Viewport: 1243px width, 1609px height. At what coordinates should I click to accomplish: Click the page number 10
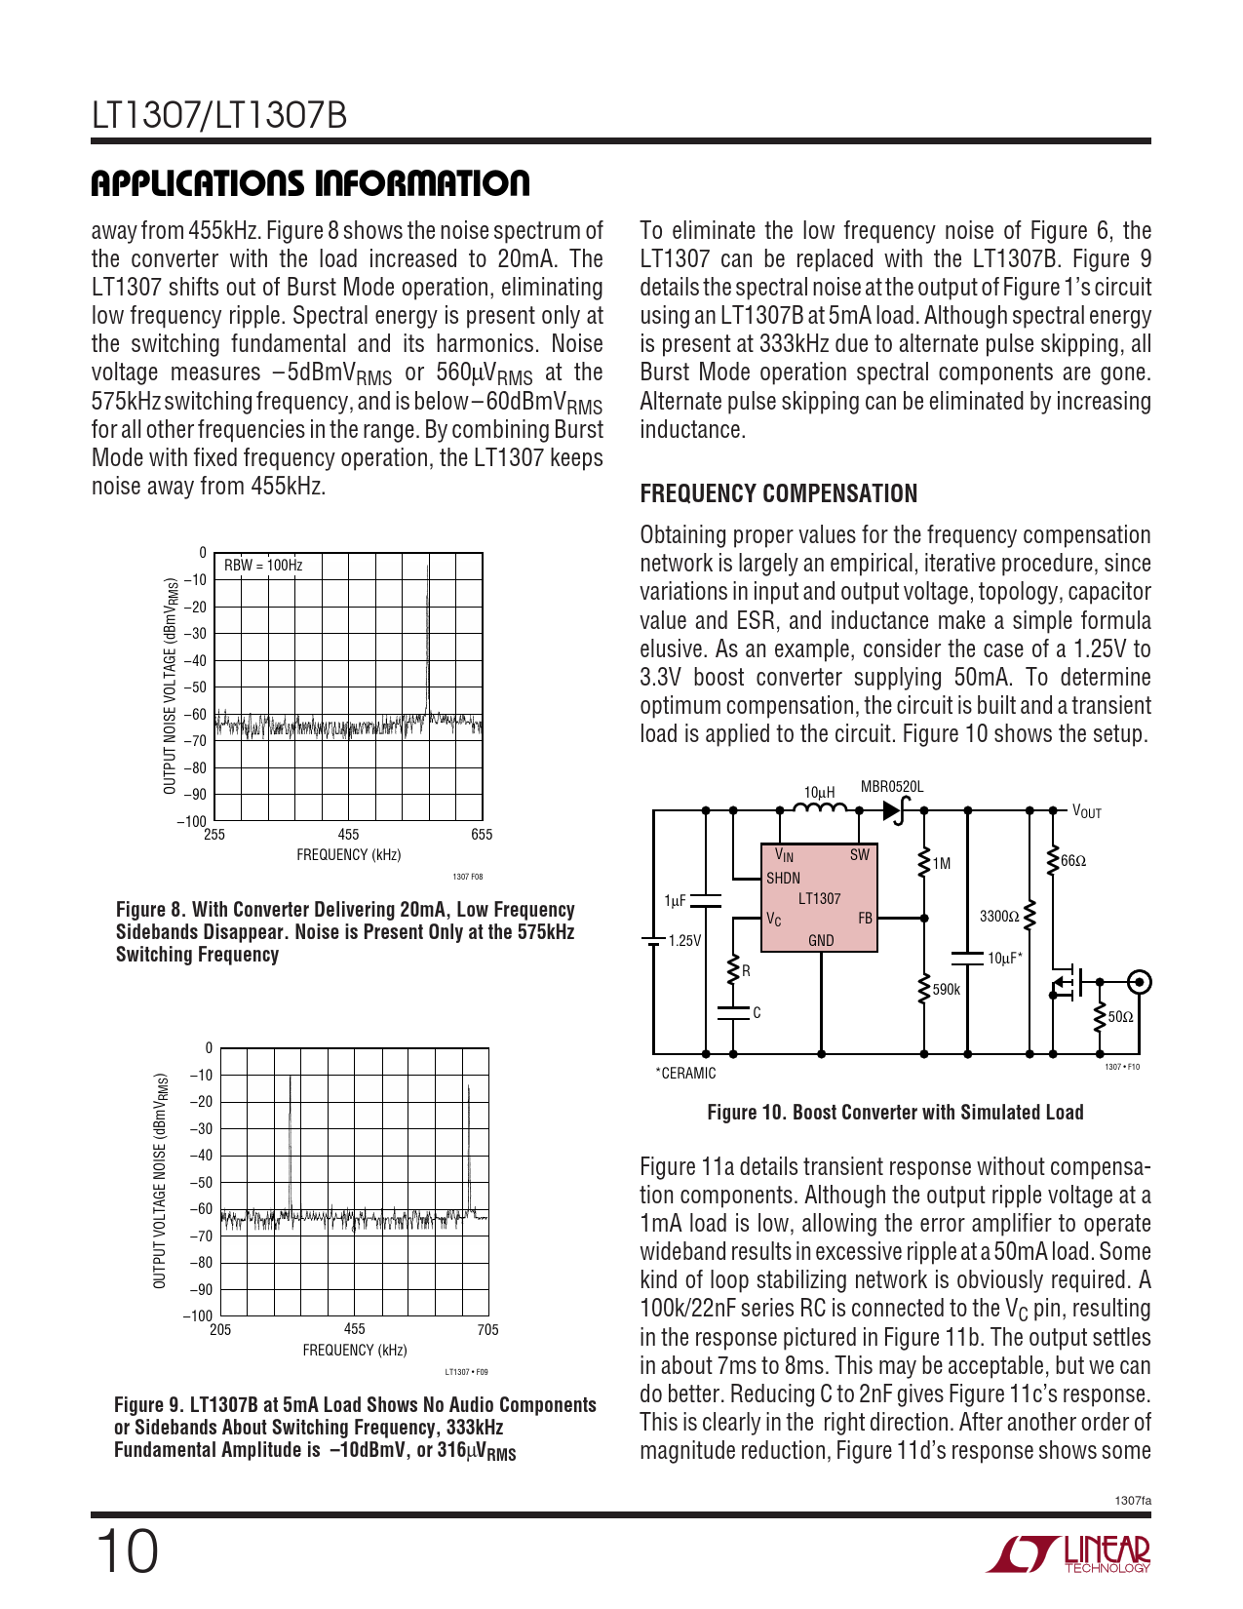click(x=126, y=1551)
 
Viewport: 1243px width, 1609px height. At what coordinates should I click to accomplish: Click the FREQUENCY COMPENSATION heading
click(x=778, y=493)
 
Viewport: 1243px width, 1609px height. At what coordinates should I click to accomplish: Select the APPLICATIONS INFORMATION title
click(x=310, y=183)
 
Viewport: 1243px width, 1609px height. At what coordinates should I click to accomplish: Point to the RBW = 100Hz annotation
click(x=263, y=566)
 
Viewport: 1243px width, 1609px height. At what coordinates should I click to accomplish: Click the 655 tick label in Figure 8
click(x=482, y=835)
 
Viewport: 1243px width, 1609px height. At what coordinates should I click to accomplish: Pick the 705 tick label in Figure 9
click(x=487, y=1329)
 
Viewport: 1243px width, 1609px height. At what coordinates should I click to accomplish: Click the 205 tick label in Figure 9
click(x=220, y=1329)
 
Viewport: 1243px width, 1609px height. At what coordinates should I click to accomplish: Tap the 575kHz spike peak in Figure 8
click(x=428, y=568)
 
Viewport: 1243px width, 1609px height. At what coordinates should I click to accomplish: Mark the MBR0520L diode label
click(x=891, y=787)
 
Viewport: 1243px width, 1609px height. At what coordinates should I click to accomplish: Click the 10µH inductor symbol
click(x=820, y=808)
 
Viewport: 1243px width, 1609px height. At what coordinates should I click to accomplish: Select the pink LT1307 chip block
click(x=819, y=898)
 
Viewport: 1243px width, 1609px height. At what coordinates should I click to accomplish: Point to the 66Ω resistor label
click(x=1073, y=861)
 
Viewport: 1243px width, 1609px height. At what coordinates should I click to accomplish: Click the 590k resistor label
click(x=947, y=989)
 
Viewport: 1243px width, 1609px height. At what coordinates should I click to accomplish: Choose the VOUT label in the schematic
click(x=1087, y=811)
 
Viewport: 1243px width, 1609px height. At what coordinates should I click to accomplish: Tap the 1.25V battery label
click(x=684, y=941)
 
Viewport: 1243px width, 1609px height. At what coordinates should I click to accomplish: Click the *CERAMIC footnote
click(x=685, y=1074)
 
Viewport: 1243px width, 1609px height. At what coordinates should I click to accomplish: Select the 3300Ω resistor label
click(x=998, y=917)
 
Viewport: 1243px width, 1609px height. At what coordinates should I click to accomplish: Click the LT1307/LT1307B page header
click(x=219, y=116)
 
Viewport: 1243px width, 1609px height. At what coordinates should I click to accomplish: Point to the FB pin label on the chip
click(x=865, y=919)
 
